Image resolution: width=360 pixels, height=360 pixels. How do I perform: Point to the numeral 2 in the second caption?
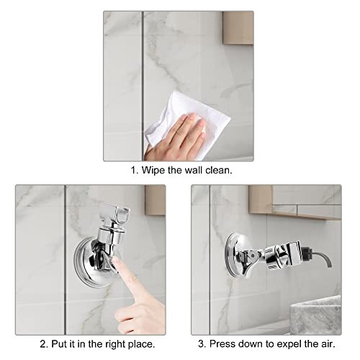(x=42, y=343)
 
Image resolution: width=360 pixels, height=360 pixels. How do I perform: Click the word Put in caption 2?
(x=58, y=343)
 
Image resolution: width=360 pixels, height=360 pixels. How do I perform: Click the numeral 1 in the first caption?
(x=133, y=172)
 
